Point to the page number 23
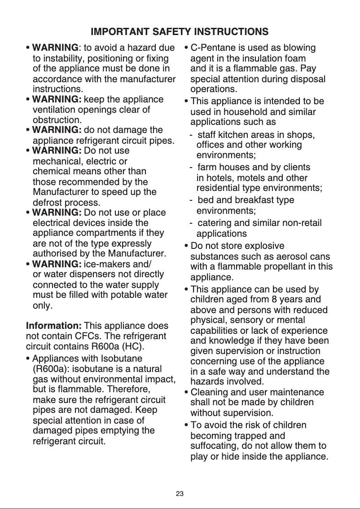pos(180,494)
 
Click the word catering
pos(214,223)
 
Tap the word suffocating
pos(214,447)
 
